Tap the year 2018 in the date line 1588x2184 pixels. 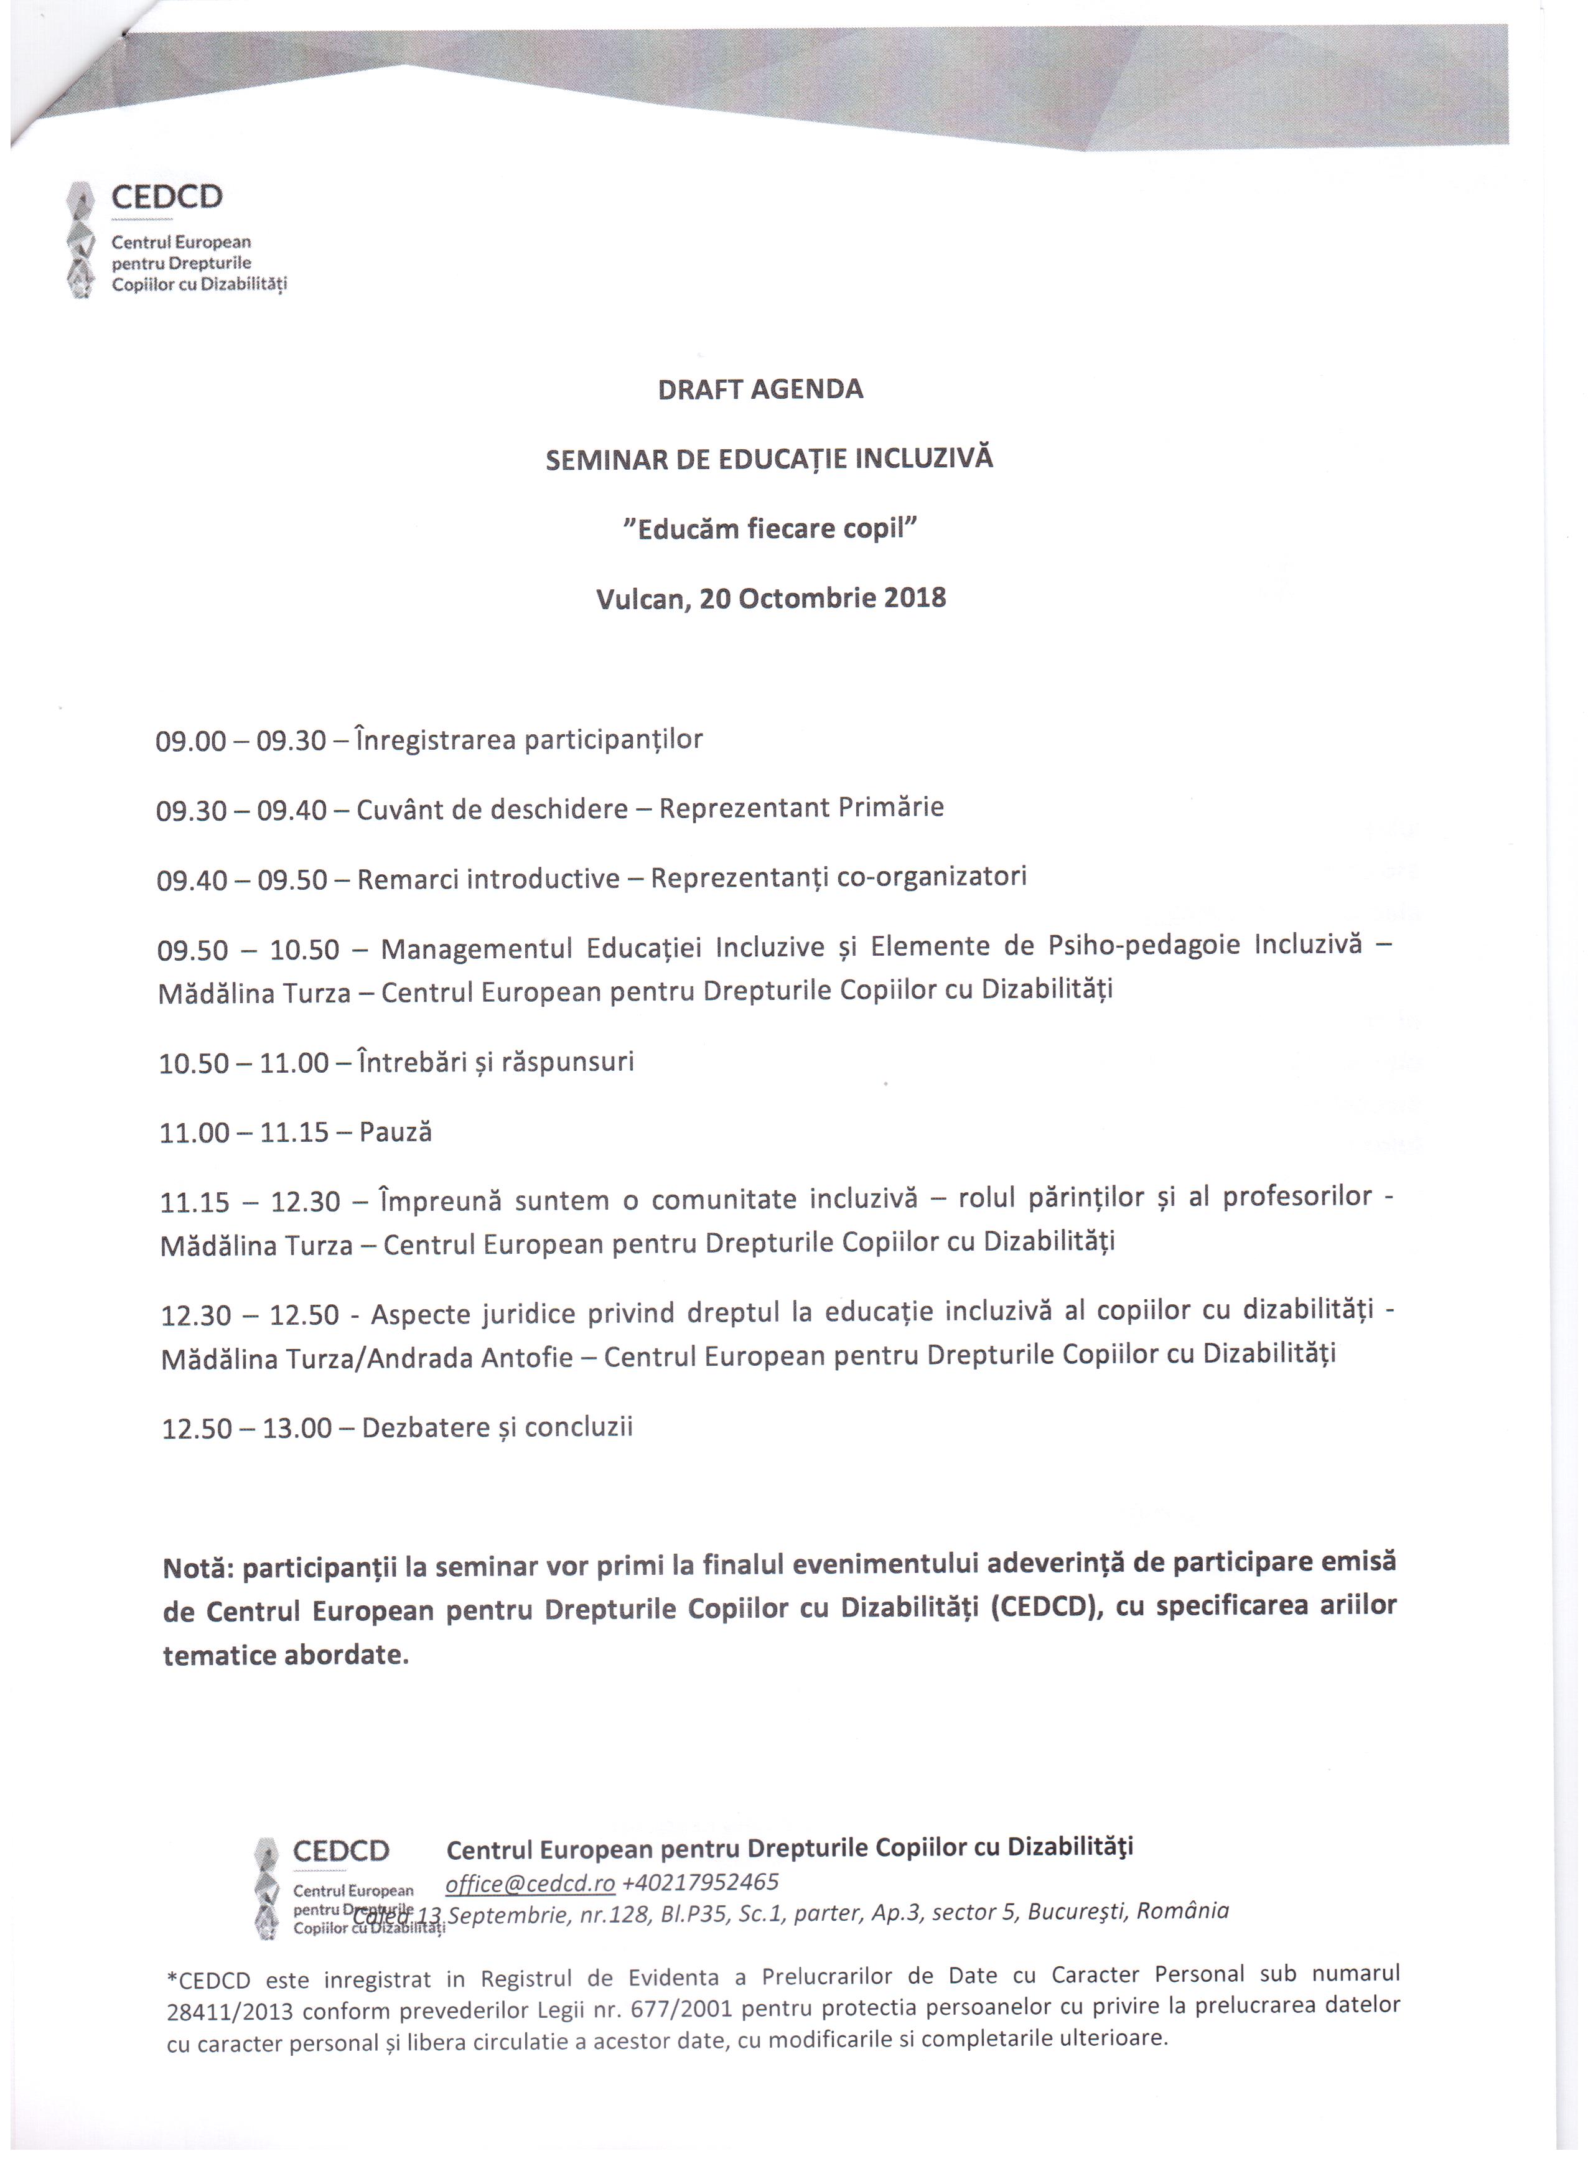tap(914, 598)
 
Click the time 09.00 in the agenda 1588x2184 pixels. tap(190, 742)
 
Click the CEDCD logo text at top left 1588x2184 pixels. tap(167, 197)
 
